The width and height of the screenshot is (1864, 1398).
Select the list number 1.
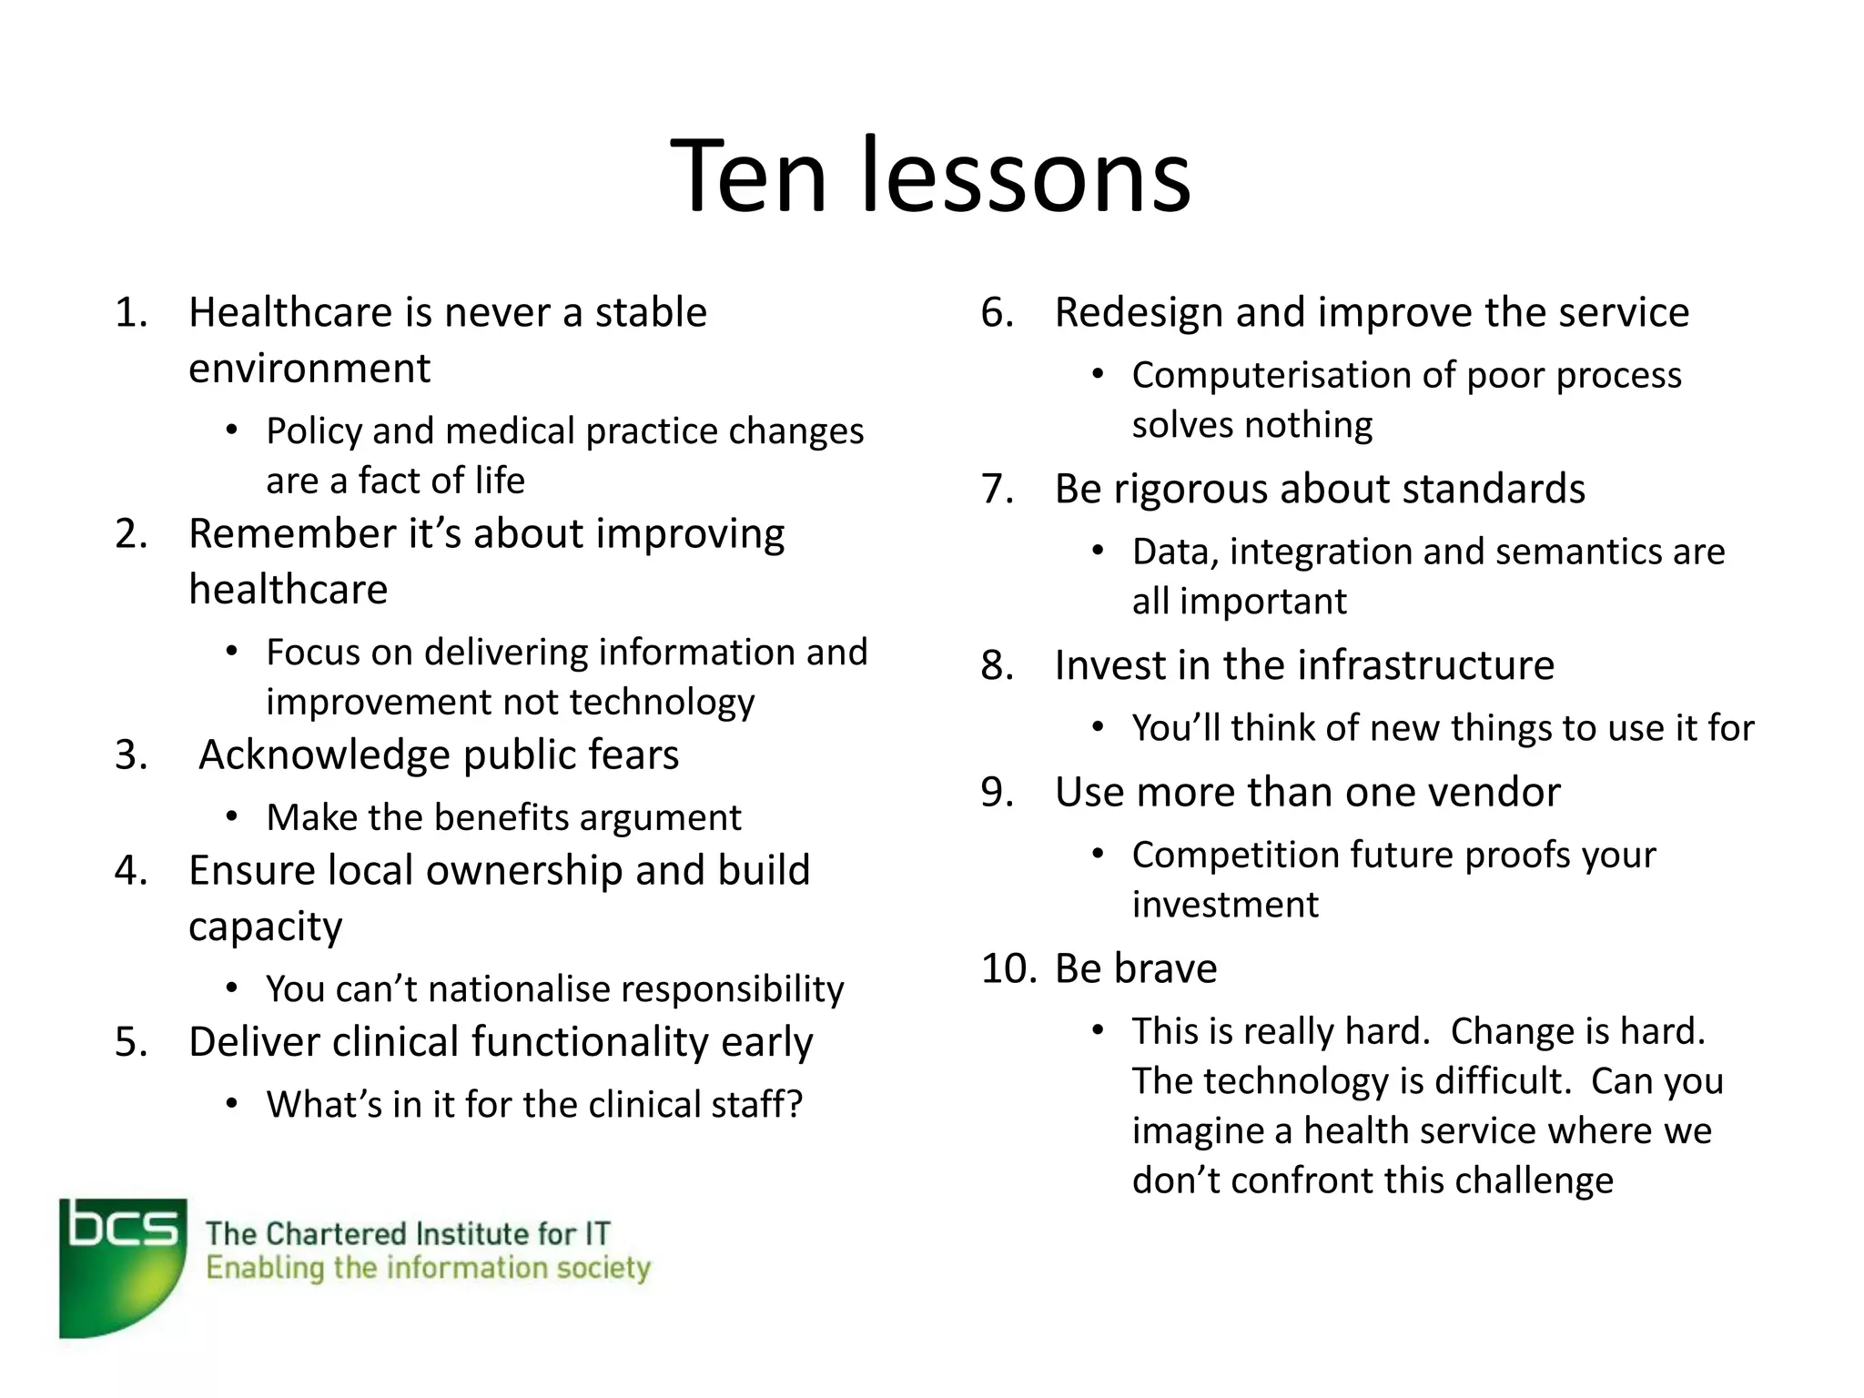[131, 313]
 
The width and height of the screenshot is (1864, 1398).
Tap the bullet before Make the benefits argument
[232, 816]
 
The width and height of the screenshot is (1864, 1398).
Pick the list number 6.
[998, 313]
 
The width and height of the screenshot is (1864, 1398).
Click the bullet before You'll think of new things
[1099, 727]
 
